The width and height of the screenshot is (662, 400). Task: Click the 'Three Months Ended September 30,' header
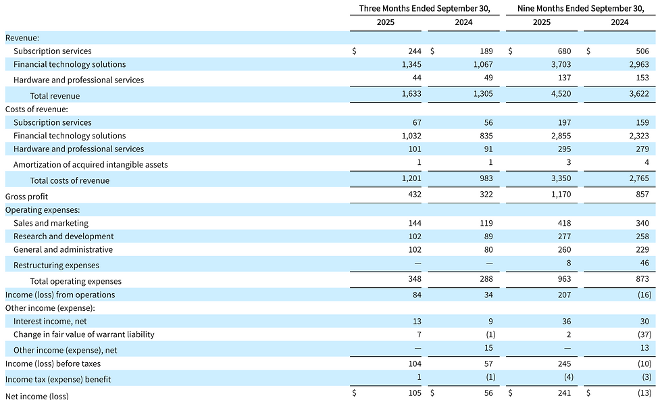point(425,9)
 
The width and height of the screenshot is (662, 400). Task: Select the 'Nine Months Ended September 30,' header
point(581,9)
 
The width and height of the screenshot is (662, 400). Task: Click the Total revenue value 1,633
point(411,94)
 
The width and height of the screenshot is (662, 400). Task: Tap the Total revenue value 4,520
point(561,94)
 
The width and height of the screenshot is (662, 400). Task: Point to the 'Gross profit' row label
point(26,197)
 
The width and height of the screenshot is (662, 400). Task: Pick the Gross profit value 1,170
point(561,195)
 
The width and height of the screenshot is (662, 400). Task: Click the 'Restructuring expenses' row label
point(56,266)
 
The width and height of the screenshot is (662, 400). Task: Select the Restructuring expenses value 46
point(644,263)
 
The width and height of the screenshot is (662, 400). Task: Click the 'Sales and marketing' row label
point(51,223)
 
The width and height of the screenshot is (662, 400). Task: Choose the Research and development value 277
point(565,236)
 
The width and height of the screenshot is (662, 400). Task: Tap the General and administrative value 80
point(488,249)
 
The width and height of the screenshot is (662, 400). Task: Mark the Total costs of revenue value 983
point(486,178)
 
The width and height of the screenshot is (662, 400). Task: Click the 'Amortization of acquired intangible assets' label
point(91,165)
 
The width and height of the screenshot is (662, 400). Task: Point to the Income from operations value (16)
point(644,295)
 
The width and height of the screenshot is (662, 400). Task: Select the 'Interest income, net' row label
point(50,322)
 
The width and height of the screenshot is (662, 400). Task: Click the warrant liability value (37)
point(644,334)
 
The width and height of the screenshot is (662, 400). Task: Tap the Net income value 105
point(415,393)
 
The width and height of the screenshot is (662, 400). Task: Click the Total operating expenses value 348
point(415,279)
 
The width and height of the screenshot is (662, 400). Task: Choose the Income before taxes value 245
point(565,364)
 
